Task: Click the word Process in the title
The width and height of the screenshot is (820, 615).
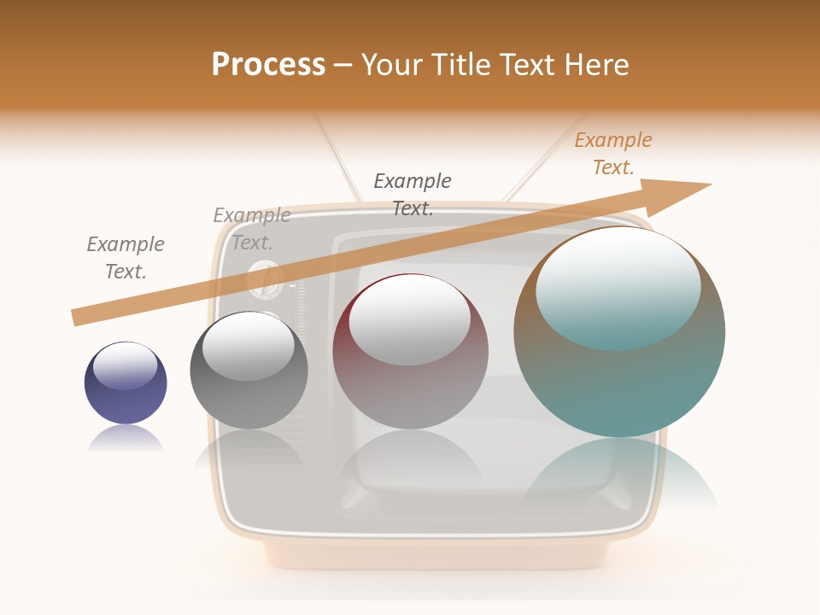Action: pyautogui.click(x=268, y=65)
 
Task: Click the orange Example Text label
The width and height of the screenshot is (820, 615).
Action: pyautogui.click(x=613, y=154)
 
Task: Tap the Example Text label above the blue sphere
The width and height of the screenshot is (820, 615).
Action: pyautogui.click(x=126, y=257)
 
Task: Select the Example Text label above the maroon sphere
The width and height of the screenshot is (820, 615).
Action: pyautogui.click(x=413, y=194)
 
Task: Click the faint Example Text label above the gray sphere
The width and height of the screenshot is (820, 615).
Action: pyautogui.click(x=252, y=229)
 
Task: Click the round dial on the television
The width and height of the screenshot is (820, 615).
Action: pyautogui.click(x=265, y=279)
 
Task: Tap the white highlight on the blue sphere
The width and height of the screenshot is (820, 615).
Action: pyautogui.click(x=125, y=366)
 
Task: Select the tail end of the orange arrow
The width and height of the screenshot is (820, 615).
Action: pyautogui.click(x=77, y=317)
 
